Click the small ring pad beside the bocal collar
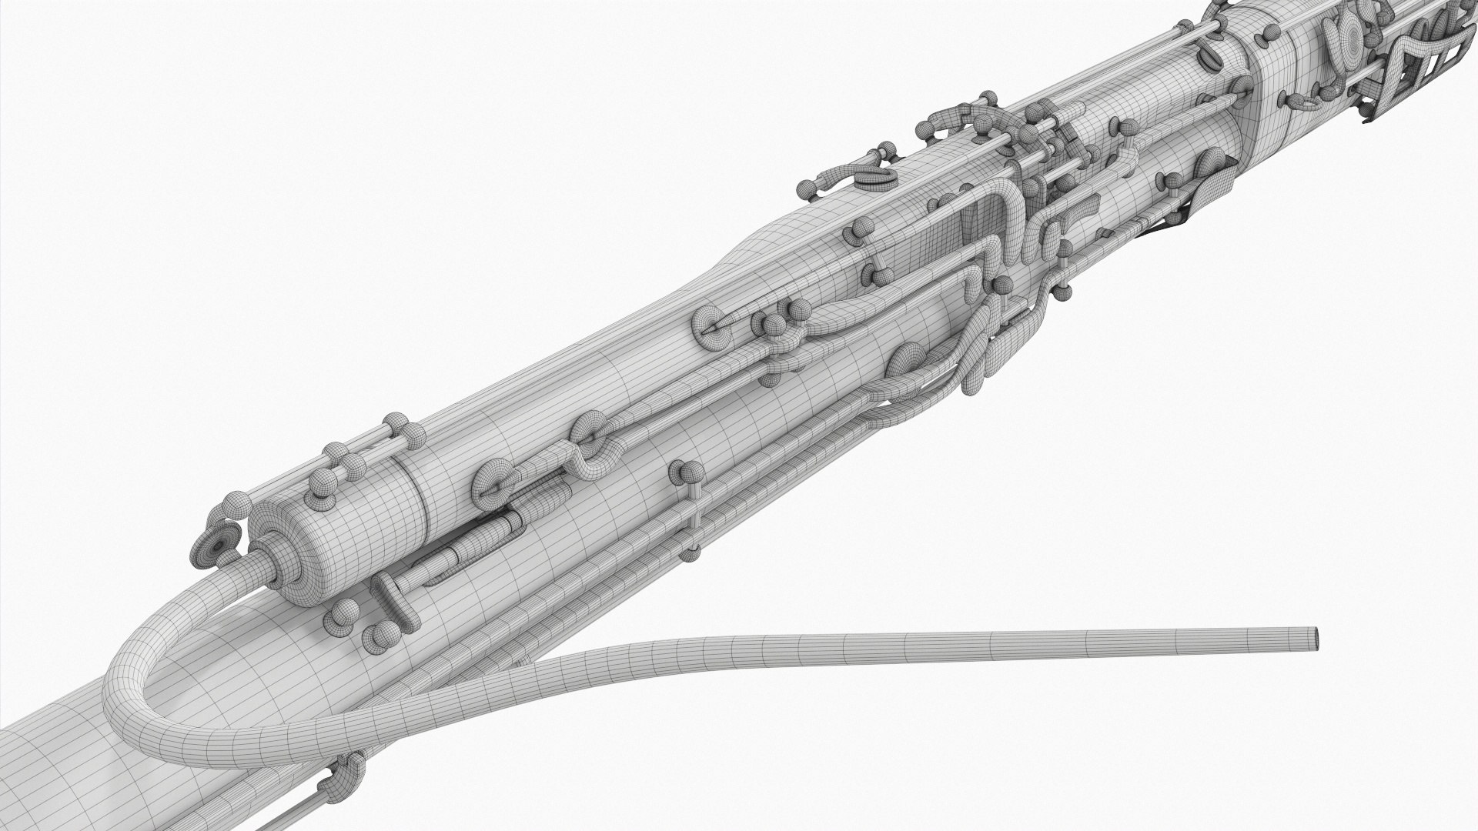tap(219, 543)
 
